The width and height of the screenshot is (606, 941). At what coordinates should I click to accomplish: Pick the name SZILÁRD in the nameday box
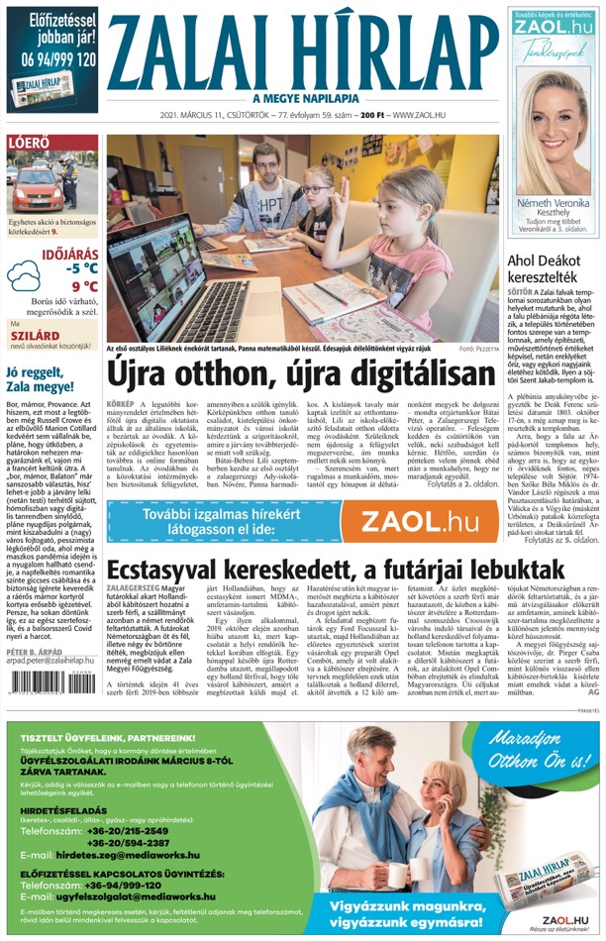33,335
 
